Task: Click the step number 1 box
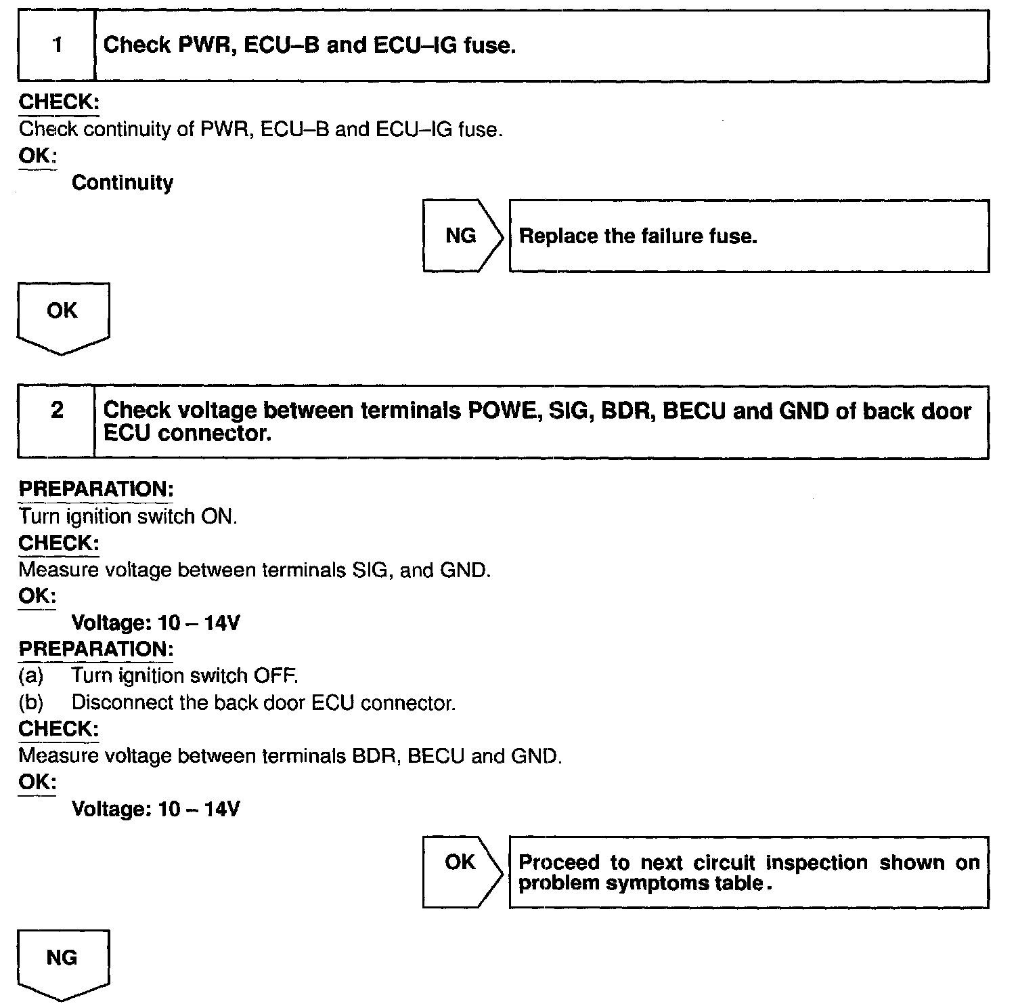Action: (x=57, y=46)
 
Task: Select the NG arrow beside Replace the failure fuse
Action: (x=462, y=236)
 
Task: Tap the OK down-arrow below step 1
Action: (x=62, y=316)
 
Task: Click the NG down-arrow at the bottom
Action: (x=62, y=962)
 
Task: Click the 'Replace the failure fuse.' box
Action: (x=748, y=236)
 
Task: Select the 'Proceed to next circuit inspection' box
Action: (x=748, y=873)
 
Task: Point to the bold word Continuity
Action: (x=123, y=183)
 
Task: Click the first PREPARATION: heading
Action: (x=96, y=489)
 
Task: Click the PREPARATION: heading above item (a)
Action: (x=96, y=649)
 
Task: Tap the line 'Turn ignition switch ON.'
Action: (x=128, y=517)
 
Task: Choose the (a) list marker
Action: (x=31, y=676)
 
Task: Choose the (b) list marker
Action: (x=31, y=703)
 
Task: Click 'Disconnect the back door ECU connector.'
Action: (x=263, y=703)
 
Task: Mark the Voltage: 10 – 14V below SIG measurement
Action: (x=156, y=623)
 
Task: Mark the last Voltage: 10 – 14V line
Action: (x=156, y=809)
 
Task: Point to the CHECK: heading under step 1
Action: (x=59, y=102)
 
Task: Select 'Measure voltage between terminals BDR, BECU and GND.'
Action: (x=290, y=755)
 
